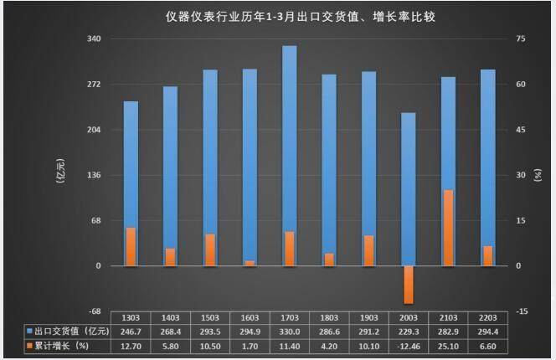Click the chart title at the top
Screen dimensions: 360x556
(x=277, y=15)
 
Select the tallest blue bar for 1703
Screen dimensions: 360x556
(x=290, y=156)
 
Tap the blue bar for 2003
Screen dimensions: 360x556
(x=408, y=189)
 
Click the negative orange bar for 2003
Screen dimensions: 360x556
(x=408, y=285)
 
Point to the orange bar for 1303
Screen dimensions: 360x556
(x=131, y=247)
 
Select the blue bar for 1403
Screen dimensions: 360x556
(x=170, y=176)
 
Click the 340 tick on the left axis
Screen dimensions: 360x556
(x=94, y=39)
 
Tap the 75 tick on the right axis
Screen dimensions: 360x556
(x=522, y=39)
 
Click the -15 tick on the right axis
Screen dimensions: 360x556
(x=523, y=311)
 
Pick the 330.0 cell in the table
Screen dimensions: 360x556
(x=290, y=331)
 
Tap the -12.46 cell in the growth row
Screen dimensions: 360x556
(x=408, y=345)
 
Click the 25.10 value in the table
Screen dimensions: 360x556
(x=448, y=345)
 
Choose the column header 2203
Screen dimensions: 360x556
(x=487, y=318)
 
